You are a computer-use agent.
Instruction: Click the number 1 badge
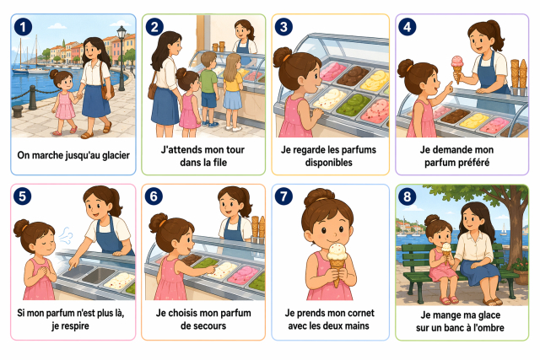click(23, 27)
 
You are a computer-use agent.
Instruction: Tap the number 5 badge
click(23, 196)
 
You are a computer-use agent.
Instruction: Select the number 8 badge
click(407, 196)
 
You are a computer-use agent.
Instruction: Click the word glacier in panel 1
click(116, 156)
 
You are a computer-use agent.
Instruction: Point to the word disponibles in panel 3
click(328, 163)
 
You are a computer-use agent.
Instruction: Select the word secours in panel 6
click(210, 325)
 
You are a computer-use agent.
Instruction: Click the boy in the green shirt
click(209, 89)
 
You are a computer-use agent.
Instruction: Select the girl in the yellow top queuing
click(233, 92)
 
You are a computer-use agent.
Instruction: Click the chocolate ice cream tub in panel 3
click(353, 76)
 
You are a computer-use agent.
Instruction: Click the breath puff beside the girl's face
click(66, 235)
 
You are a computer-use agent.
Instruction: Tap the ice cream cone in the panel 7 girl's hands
click(337, 262)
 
